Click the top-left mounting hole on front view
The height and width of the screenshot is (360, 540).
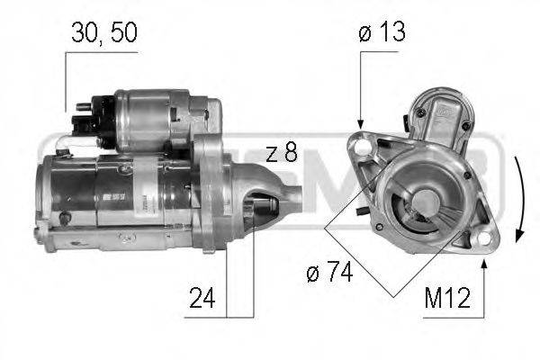(364, 144)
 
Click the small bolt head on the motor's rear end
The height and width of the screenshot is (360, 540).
(65, 217)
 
